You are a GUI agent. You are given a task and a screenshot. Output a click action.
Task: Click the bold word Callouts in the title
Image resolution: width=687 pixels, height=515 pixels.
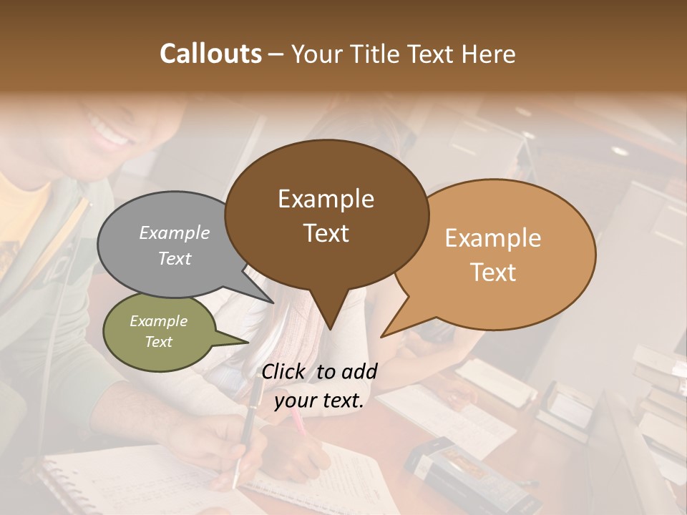coord(210,54)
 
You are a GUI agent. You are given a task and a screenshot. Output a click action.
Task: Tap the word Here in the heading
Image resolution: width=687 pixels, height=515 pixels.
coord(489,54)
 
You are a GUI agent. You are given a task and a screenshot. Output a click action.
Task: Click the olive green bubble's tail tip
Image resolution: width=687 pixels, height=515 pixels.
coord(248,342)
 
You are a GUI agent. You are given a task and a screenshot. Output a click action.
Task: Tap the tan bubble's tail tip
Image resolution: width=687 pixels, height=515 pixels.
coord(382,336)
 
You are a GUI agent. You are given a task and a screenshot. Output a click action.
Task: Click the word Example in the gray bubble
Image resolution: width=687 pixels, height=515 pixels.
coord(175,233)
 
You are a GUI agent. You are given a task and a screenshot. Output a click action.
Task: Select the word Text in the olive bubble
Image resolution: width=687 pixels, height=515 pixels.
coord(159,342)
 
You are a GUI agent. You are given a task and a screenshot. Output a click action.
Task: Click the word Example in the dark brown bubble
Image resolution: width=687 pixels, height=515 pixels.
coord(326,199)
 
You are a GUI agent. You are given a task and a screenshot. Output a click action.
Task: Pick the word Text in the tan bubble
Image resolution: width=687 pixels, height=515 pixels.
coord(494,273)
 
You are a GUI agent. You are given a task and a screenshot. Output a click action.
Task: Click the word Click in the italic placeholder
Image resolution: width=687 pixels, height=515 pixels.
coord(284,371)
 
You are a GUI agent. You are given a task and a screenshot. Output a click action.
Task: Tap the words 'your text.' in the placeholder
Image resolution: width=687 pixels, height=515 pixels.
coord(319,401)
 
